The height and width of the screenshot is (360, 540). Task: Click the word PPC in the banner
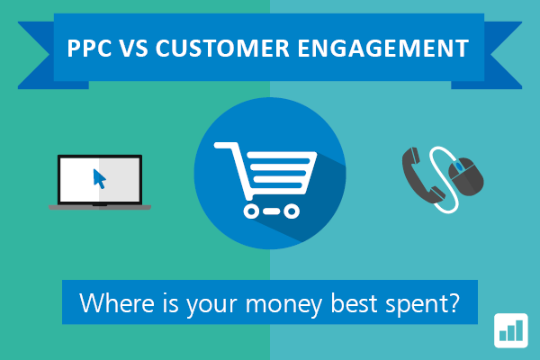(89, 48)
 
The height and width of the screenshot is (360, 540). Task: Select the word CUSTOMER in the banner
(222, 48)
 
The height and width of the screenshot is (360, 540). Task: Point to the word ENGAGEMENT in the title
(383, 48)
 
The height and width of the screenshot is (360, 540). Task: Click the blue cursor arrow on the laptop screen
(99, 179)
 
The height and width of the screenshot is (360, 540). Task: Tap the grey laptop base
(100, 207)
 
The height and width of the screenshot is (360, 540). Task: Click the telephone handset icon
(422, 175)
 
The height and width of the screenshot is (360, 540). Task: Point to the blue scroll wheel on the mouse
(459, 167)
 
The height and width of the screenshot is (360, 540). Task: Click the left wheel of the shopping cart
(251, 211)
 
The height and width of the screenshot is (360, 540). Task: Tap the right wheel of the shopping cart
(292, 211)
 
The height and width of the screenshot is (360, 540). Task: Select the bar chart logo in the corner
(511, 330)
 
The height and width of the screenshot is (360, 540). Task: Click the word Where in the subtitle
(117, 302)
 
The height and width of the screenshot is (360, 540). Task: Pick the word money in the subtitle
(283, 305)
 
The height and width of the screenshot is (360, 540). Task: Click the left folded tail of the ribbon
(51, 55)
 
